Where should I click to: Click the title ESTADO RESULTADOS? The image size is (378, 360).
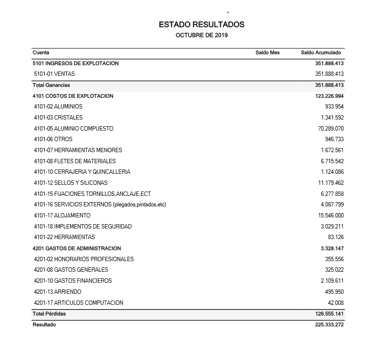coord(201,24)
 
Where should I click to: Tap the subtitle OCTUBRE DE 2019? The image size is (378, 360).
coord(201,36)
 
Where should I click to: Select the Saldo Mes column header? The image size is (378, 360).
coord(267,53)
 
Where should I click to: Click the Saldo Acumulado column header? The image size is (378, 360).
coord(320,53)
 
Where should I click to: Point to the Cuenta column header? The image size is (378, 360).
coord(41,53)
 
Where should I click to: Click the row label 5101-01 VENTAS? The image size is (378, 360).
coord(54,74)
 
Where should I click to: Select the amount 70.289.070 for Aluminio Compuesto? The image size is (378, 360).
coord(331,129)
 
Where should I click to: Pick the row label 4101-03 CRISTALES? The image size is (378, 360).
coord(58,118)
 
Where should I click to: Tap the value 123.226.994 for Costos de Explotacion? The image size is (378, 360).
coord(329,96)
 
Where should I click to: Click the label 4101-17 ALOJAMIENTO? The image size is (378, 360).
coord(62,216)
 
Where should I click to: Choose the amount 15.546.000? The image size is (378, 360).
coord(331,216)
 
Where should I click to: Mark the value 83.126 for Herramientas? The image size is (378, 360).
coord(336,237)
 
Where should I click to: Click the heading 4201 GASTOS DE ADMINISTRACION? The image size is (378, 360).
coord(77,249)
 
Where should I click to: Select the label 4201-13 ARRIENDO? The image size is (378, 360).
coord(58,292)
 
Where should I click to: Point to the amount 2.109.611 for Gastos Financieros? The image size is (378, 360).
coord(332,281)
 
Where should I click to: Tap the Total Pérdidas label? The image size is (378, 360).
coord(49,314)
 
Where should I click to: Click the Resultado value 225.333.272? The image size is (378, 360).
coord(329,325)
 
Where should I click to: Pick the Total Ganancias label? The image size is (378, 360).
coord(51,85)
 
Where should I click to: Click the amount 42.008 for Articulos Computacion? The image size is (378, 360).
coord(336,303)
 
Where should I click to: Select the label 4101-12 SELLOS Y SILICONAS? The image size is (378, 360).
coord(71,183)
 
